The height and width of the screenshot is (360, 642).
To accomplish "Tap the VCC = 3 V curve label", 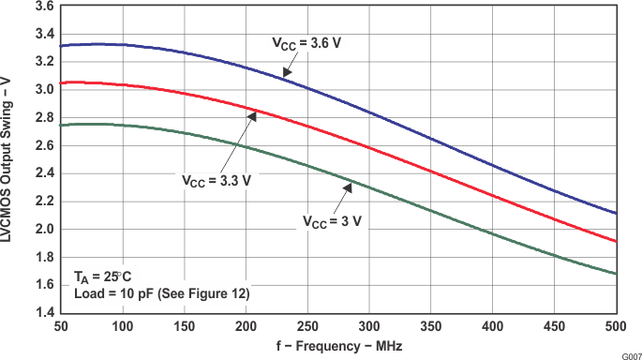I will (332, 222).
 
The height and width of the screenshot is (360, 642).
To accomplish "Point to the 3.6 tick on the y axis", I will (42, 6).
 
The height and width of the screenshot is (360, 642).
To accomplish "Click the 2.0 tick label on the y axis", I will (42, 230).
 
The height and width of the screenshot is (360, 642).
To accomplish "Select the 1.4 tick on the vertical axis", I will (42, 313).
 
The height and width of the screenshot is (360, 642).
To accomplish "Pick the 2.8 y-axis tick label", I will (42, 118).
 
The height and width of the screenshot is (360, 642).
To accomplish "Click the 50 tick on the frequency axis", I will (59, 325).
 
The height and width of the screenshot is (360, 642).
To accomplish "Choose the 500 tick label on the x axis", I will (616, 325).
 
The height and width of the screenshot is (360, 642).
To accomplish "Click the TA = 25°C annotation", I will (103, 279).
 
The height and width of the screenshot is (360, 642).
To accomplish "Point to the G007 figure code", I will (630, 354).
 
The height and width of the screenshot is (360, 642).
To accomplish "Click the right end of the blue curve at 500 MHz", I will (616, 214).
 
